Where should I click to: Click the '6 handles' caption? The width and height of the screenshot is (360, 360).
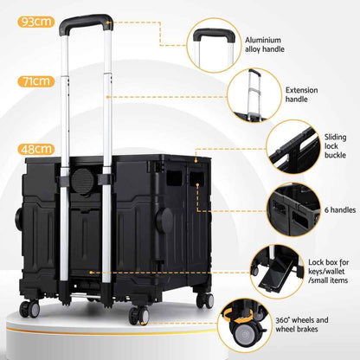coord(328,210)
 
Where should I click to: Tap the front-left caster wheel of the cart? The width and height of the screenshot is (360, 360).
coord(32,309)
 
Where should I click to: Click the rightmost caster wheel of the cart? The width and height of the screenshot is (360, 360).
coord(205,299)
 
